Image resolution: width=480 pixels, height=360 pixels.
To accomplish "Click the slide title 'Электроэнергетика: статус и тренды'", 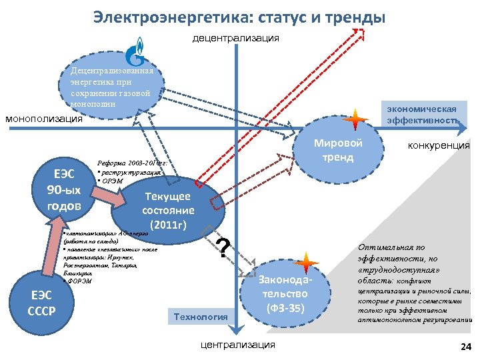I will [239, 16].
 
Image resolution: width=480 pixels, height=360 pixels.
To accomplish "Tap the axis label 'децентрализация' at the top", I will [236, 38].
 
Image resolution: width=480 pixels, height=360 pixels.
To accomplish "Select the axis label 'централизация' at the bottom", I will [237, 345].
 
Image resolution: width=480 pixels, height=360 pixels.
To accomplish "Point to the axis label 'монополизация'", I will [44, 119].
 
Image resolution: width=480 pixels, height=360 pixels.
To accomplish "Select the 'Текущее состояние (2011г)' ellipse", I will [166, 209].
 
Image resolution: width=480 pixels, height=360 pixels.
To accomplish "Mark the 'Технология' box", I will [201, 315].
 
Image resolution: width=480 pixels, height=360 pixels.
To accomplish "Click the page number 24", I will [465, 347].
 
